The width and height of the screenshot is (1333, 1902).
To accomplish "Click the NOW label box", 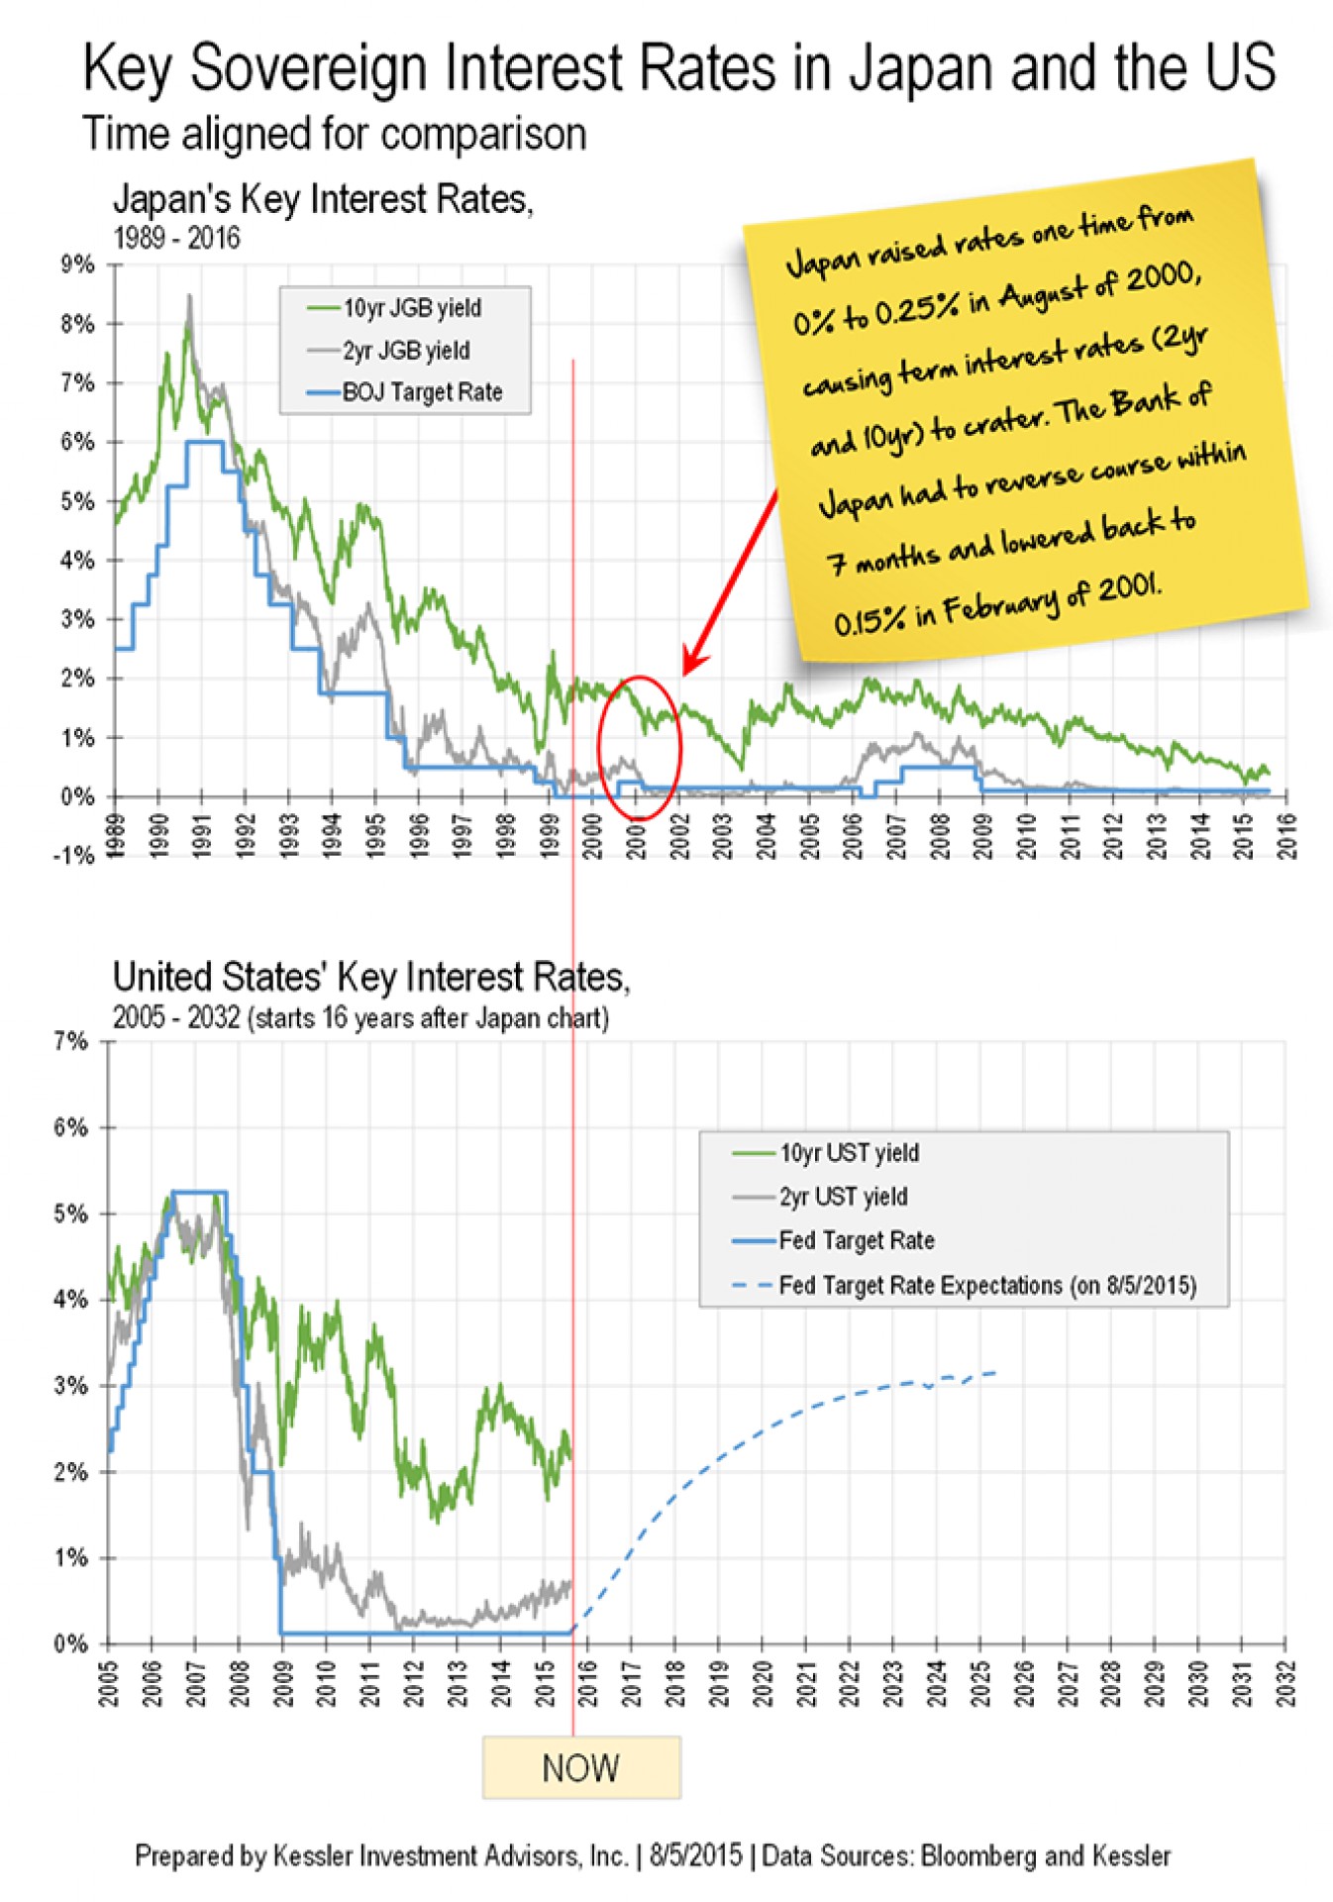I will (580, 1766).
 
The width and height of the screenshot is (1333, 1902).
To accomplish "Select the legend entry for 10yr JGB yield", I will (411, 308).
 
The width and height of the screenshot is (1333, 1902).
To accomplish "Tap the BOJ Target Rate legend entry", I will (421, 393).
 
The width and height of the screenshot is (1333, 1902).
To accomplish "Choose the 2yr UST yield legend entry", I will (842, 1197).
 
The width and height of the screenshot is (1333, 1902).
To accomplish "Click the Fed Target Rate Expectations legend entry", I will (986, 1286).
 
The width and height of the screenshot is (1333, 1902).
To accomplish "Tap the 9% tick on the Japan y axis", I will (78, 264).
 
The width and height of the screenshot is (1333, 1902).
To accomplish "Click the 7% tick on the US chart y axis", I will (71, 1041).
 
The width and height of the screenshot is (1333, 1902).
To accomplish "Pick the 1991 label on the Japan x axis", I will (202, 834).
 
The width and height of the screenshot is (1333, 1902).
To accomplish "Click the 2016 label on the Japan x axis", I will (1285, 834).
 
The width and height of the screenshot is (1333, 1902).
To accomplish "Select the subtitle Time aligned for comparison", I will (334, 134).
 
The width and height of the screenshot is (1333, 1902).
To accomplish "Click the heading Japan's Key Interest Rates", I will (323, 199).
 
